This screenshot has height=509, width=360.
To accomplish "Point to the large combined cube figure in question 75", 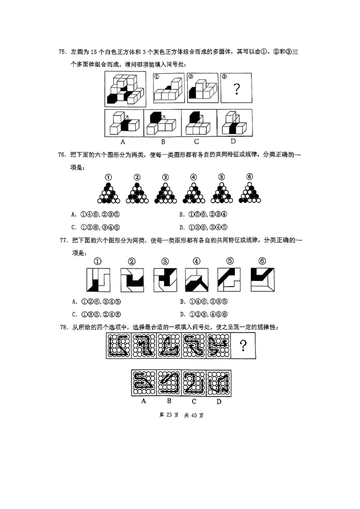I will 125,89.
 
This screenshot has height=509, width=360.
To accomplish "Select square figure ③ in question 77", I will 165,280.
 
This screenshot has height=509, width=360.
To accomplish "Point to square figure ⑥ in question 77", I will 262,280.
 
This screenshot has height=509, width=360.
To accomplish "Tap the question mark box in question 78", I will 243,346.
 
